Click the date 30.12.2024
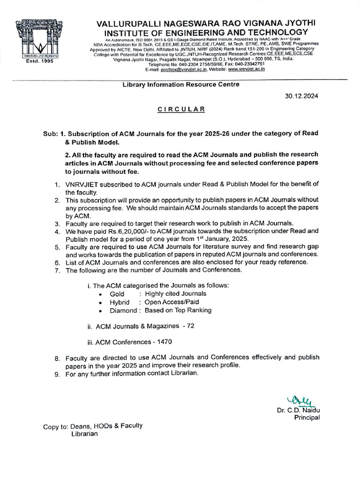[301, 96]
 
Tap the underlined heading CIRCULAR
[181, 109]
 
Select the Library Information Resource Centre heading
[180, 84]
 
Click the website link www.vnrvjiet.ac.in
[246, 69]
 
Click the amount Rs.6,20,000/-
[110, 231]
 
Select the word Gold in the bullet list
[117, 294]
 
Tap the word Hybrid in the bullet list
[120, 302]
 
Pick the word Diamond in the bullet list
[123, 310]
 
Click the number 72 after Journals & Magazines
[190, 326]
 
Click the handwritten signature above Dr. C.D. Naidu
[302, 400]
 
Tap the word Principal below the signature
[307, 417]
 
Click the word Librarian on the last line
[84, 434]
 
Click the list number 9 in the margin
[57, 374]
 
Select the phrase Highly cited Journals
[175, 294]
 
